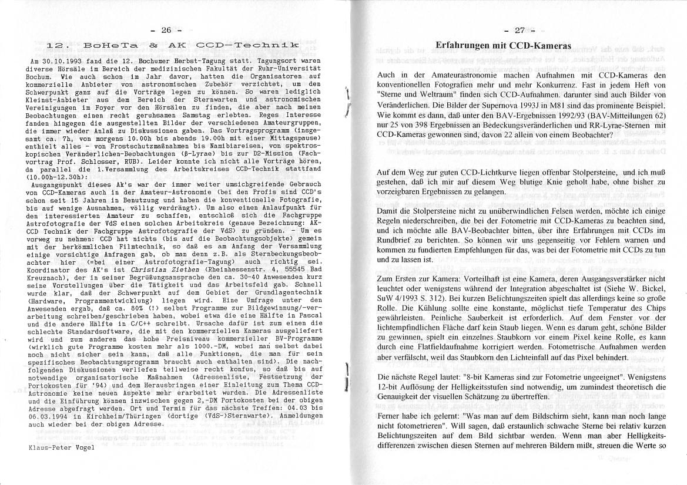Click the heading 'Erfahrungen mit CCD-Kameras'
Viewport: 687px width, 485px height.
pyautogui.click(x=504, y=46)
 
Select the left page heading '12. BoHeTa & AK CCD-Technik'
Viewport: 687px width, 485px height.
pyautogui.click(x=173, y=45)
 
